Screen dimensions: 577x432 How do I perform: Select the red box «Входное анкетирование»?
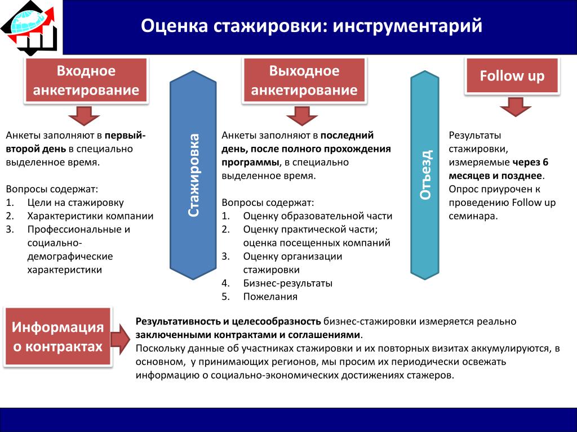click(x=86, y=80)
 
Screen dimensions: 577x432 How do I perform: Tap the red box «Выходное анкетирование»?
click(x=304, y=80)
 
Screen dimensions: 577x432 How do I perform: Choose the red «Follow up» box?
click(x=512, y=76)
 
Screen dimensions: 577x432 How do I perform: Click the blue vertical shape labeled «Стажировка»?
click(x=193, y=175)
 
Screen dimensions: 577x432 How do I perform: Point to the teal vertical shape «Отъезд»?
click(x=425, y=175)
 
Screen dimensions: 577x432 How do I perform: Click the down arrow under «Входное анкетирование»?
click(x=85, y=116)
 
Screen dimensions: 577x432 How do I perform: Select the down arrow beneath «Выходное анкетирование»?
click(x=302, y=116)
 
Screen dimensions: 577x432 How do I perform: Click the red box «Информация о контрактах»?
click(x=58, y=337)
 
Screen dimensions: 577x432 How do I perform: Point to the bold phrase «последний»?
click(x=347, y=135)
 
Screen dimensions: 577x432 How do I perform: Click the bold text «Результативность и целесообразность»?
click(x=228, y=321)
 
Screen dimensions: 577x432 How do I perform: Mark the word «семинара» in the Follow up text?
click(x=473, y=216)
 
